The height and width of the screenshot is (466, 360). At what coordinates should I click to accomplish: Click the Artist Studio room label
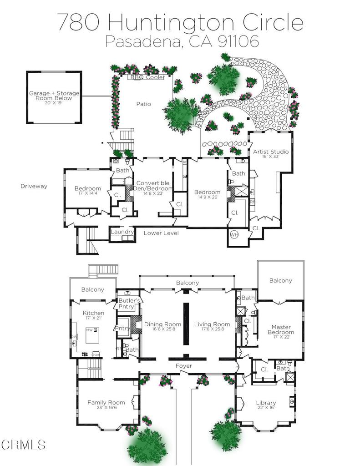pyautogui.click(x=271, y=152)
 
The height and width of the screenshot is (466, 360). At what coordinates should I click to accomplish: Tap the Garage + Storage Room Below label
pyautogui.click(x=54, y=96)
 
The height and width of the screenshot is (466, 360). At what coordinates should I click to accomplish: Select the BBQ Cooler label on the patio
pyautogui.click(x=147, y=78)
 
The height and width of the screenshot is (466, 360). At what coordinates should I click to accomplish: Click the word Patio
pyautogui.click(x=143, y=104)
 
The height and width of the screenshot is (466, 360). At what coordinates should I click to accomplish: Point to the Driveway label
pyautogui.click(x=34, y=186)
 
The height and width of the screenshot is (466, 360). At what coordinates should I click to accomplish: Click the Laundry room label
pyautogui.click(x=122, y=232)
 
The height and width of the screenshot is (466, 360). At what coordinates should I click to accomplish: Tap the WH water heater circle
pyautogui.click(x=234, y=235)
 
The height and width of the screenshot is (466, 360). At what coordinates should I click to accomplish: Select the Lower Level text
pyautogui.click(x=161, y=233)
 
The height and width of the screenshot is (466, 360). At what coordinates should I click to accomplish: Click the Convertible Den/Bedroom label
pyautogui.click(x=152, y=186)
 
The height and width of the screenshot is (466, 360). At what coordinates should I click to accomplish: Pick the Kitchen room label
pyautogui.click(x=93, y=313)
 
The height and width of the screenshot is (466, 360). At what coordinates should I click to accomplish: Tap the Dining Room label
pyautogui.click(x=162, y=324)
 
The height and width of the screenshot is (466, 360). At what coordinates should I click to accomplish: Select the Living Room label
pyautogui.click(x=212, y=324)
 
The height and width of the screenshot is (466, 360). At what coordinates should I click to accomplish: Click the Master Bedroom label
pyautogui.click(x=281, y=329)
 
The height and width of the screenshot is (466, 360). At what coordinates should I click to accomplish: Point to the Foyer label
pyautogui.click(x=183, y=366)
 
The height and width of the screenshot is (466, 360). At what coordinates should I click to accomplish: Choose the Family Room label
pyautogui.click(x=106, y=402)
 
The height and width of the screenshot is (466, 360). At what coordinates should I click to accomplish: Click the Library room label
pyautogui.click(x=266, y=403)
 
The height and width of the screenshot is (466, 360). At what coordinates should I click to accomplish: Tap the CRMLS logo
pyautogui.click(x=23, y=444)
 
